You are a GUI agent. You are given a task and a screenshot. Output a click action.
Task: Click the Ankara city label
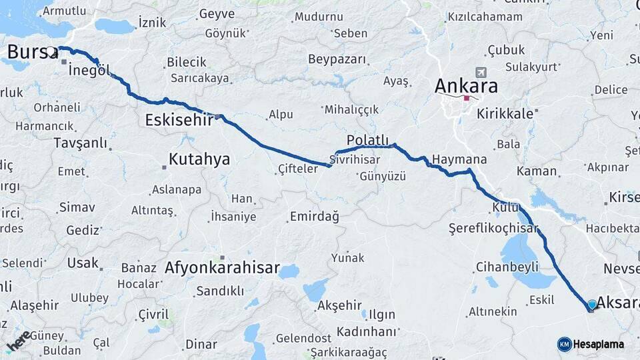[466, 85]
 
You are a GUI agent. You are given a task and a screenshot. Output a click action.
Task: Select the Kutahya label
[199, 159]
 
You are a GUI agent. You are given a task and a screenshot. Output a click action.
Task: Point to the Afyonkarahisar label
[222, 268]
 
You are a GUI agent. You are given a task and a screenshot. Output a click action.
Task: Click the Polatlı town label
[367, 139]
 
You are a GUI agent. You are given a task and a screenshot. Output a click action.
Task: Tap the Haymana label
[459, 160]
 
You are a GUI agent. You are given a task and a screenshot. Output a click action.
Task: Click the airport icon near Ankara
[480, 72]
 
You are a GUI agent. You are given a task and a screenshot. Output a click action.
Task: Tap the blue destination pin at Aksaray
[591, 304]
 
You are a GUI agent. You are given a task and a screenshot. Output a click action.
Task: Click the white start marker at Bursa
[51, 51]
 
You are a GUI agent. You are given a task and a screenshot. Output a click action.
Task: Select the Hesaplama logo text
[597, 345]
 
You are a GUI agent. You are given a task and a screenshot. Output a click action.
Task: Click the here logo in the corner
[19, 341]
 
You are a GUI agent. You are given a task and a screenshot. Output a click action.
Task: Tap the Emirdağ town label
[314, 217]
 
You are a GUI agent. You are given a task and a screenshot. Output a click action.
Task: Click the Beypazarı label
[337, 59]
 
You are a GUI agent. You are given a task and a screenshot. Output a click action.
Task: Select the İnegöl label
[89, 71]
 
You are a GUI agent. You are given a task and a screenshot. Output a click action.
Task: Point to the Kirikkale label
[505, 113]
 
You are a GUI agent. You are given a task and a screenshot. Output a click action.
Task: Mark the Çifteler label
[298, 169]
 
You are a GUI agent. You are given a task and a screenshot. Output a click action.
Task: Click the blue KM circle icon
[564, 345]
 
